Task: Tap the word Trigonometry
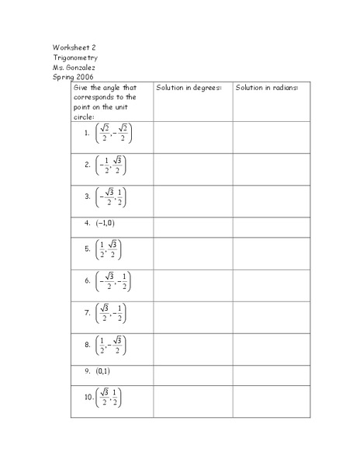tap(76, 57)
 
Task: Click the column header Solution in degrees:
tap(189, 88)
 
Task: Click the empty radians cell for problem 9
tap(271, 371)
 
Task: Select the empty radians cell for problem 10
tap(271, 401)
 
